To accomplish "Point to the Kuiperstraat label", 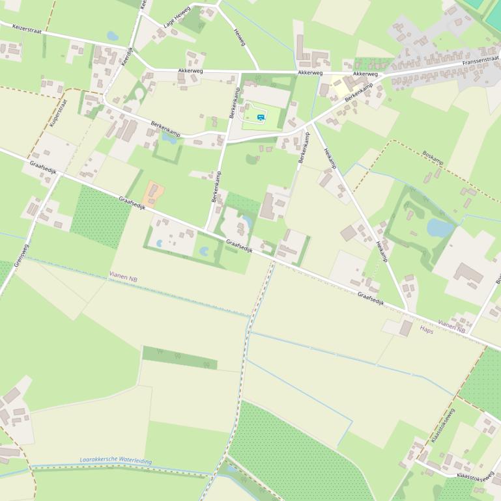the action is [x=58, y=113].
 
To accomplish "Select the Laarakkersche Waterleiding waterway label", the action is [x=115, y=461].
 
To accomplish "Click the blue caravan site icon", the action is [x=261, y=117].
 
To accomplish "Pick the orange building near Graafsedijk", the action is [x=153, y=193].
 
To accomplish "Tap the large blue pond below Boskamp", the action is [x=440, y=228].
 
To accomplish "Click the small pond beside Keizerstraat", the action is [x=113, y=36].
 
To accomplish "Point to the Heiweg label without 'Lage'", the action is [x=240, y=36].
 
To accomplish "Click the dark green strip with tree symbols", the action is [x=179, y=358].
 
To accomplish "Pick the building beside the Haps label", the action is [x=407, y=328].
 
